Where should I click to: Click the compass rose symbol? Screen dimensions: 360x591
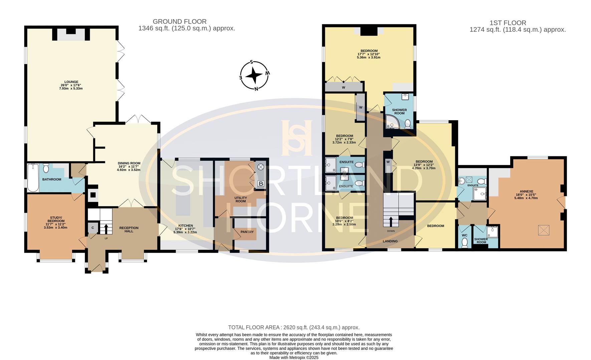(254, 76)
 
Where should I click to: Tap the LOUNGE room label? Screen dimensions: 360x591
(71, 82)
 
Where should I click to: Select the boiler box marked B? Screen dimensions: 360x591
(261, 184)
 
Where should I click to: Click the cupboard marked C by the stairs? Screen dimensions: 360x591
(93, 228)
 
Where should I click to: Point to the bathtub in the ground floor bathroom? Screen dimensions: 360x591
(33, 178)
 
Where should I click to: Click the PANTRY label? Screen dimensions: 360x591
(247, 232)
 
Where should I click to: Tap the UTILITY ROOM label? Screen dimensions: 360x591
(240, 199)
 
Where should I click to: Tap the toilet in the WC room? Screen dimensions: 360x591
(464, 243)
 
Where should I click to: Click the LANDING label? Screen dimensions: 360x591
(390, 241)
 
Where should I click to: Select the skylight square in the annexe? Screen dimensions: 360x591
(544, 230)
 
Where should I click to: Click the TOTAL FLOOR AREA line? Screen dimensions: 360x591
(293, 327)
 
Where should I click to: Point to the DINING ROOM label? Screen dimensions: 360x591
(129, 163)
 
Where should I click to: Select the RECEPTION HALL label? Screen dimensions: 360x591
(129, 230)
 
